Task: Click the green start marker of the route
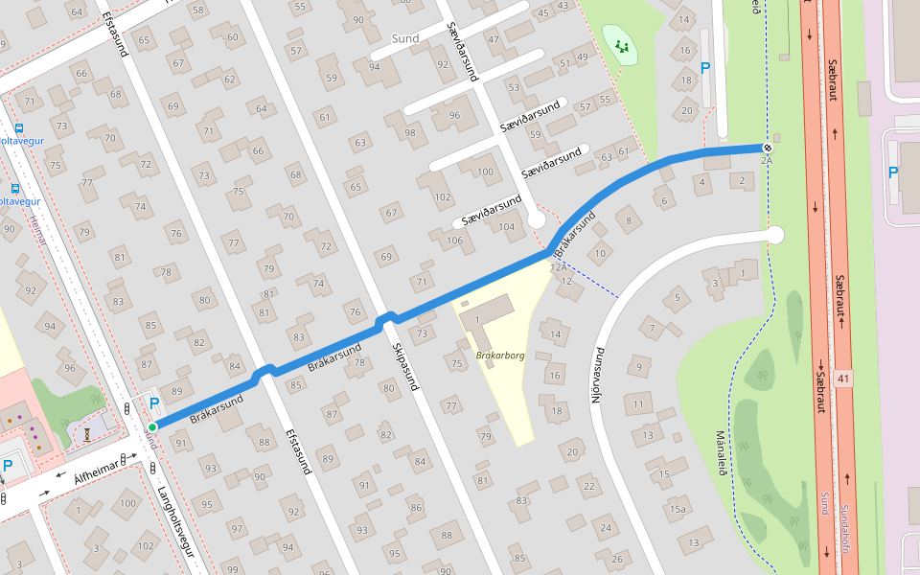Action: [x=152, y=426]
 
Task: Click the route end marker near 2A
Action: [x=767, y=147]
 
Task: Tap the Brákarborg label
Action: [x=500, y=356]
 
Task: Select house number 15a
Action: [x=678, y=509]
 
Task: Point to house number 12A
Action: [x=558, y=266]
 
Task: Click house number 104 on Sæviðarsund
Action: [x=507, y=227]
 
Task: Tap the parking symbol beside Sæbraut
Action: [x=893, y=173]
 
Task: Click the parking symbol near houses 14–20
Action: [x=706, y=68]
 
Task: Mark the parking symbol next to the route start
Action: [x=152, y=404]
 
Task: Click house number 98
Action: [x=410, y=131]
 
